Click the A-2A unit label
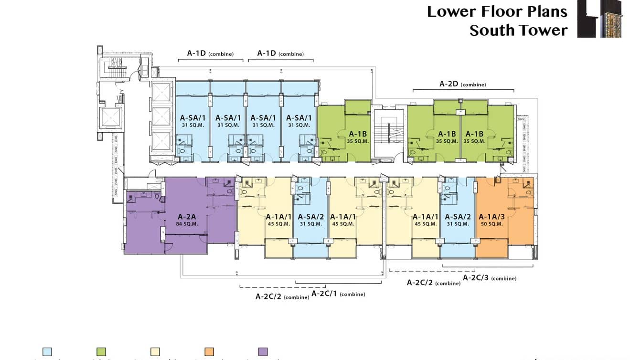click(x=186, y=216)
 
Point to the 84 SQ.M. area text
click(x=186, y=223)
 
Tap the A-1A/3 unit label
click(x=491, y=217)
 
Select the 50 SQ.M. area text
click(x=491, y=224)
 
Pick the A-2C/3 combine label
click(x=489, y=277)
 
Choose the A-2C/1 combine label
click(x=338, y=294)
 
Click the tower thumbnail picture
click(x=599, y=19)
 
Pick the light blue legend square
click(x=47, y=352)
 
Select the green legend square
click(x=101, y=352)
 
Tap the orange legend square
click(x=209, y=352)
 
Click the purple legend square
click(x=263, y=352)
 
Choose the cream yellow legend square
click(x=155, y=352)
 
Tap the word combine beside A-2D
click(x=473, y=85)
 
